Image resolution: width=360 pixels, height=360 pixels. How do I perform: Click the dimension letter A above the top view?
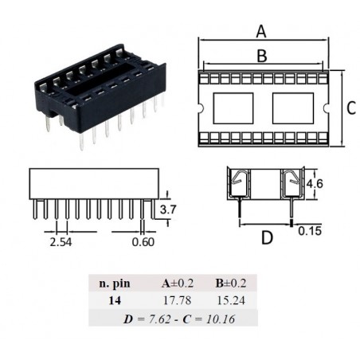pos(261,32)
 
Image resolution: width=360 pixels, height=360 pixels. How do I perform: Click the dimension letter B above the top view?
pos(262,56)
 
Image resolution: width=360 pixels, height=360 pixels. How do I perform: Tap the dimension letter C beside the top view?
pos(351,108)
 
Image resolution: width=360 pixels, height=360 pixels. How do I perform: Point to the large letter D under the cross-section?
pos(267,237)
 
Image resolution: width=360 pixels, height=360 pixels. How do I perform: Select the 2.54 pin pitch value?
pos(61,242)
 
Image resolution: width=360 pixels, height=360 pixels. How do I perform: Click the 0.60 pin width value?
pos(143,242)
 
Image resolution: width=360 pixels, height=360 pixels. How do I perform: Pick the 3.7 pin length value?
pos(168,209)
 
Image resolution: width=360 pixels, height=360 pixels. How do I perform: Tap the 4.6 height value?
pos(315,184)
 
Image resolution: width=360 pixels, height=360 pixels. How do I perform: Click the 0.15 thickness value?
pos(310,231)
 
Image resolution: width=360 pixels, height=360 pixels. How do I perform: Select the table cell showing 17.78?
pos(177,300)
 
